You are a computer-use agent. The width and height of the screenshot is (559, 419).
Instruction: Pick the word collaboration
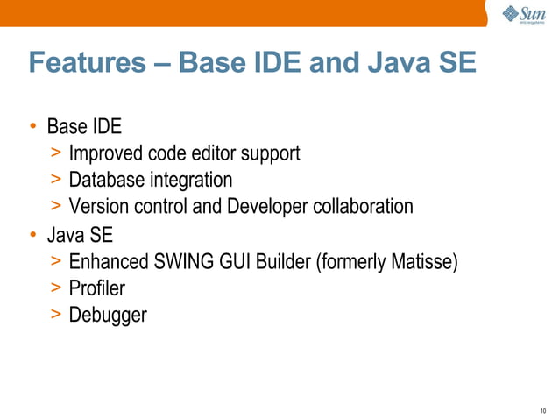(361, 207)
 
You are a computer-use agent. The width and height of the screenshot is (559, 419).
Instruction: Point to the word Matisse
(424, 261)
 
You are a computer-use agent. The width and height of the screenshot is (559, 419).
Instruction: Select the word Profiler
(96, 288)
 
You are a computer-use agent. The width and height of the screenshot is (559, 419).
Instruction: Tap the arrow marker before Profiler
(55, 288)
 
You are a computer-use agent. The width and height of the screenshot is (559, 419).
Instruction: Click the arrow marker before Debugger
(55, 314)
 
